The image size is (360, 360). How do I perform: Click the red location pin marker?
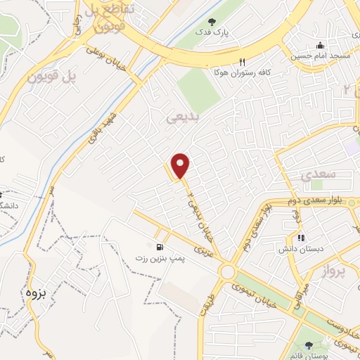click(x=181, y=166)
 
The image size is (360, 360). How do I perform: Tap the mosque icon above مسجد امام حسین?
click(x=321, y=45)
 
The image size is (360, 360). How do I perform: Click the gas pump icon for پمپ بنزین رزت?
click(x=161, y=247)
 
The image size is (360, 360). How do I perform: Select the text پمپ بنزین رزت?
click(x=160, y=259)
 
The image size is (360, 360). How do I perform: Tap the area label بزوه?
click(x=35, y=294)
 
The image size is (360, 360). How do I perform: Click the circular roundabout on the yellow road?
click(x=227, y=271)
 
